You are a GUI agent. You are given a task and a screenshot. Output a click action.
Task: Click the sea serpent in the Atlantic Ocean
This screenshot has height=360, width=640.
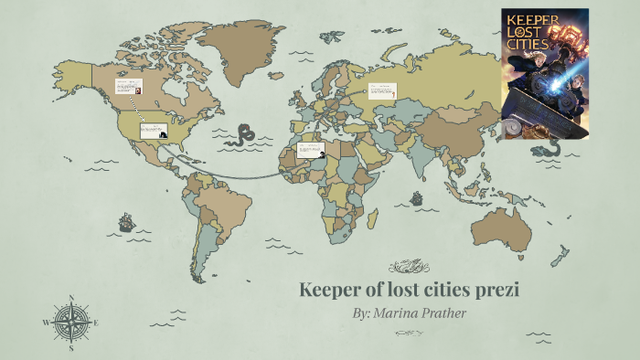click(x=242, y=136)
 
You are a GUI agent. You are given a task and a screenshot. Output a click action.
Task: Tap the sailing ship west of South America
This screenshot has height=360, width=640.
click(x=125, y=222)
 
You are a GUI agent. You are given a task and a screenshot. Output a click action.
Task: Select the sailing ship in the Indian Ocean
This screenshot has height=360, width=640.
click(x=416, y=197)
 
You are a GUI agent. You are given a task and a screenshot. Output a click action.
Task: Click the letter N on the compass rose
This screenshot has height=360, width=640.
click(x=71, y=299)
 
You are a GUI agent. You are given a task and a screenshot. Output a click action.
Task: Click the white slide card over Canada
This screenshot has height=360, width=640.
click(x=127, y=87)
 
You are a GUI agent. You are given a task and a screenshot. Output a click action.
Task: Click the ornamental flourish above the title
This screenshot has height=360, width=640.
click(x=409, y=267)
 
